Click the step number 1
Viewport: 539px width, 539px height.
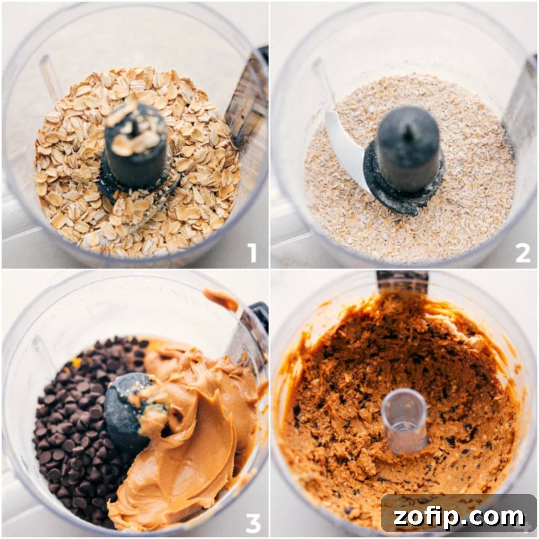tap(252, 252)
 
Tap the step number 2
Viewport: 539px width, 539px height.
tap(522, 253)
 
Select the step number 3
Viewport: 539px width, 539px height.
tap(253, 522)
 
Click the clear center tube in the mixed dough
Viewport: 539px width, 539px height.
tap(403, 420)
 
